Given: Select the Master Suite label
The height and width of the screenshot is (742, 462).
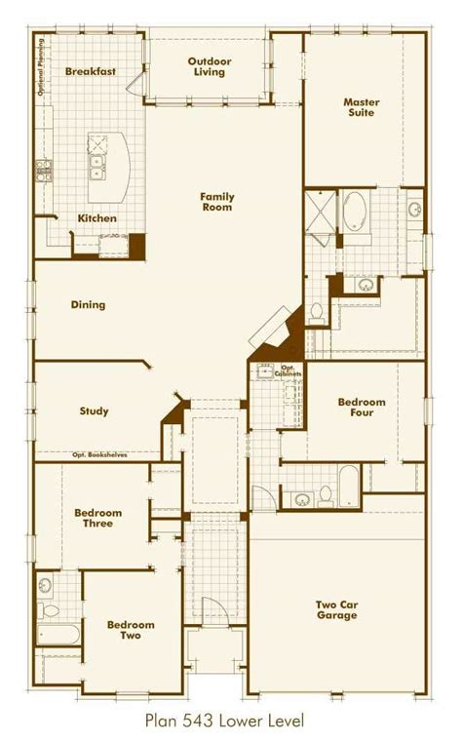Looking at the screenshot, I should pyautogui.click(x=360, y=106).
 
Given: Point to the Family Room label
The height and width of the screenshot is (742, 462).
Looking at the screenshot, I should pyautogui.click(x=217, y=202).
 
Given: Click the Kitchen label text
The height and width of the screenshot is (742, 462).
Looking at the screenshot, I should pyautogui.click(x=96, y=218).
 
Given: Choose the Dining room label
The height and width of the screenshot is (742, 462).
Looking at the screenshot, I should pyautogui.click(x=88, y=305).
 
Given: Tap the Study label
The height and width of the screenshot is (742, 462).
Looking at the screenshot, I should pyautogui.click(x=94, y=410).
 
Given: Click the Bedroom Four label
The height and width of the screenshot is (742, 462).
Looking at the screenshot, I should pyautogui.click(x=362, y=407).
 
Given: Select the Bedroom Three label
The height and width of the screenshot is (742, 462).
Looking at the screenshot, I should pyautogui.click(x=97, y=518).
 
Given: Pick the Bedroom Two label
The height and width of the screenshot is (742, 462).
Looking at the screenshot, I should pyautogui.click(x=125, y=630).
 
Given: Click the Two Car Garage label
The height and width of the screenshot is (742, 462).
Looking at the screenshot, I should pyautogui.click(x=337, y=609).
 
